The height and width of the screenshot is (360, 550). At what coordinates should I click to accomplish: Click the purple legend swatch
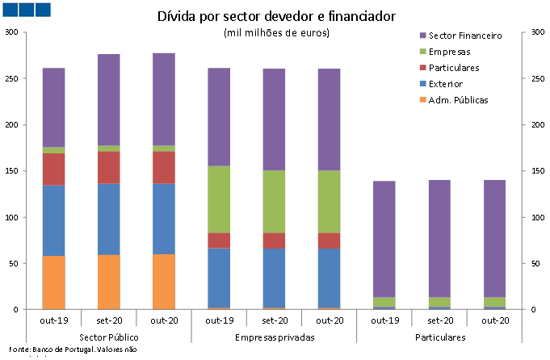[422, 36]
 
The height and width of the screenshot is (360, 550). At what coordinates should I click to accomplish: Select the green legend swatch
[422, 52]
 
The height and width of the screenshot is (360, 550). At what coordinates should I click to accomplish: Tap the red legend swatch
[422, 68]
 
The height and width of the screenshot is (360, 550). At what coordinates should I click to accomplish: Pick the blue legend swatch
[422, 84]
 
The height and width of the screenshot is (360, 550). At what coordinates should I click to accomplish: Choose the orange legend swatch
[422, 100]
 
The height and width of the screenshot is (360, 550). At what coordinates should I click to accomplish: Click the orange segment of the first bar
[53, 283]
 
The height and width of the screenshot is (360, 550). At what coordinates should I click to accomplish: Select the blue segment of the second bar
[109, 219]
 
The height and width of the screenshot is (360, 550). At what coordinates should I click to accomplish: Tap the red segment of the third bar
[164, 167]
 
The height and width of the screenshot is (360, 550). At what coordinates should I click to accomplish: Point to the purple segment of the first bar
[53, 107]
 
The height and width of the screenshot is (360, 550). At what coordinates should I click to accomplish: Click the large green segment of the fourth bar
[219, 199]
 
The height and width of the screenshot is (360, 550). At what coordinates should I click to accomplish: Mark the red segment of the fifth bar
[274, 241]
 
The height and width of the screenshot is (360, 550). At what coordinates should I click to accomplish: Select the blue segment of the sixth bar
[329, 278]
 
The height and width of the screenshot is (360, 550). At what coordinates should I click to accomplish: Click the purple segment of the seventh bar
[384, 239]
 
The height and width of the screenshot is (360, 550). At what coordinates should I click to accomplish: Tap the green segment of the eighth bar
[439, 302]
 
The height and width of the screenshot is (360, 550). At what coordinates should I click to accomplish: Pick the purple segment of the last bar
[494, 239]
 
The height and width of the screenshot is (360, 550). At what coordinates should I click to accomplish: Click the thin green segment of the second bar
[109, 149]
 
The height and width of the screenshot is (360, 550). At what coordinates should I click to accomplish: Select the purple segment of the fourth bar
[219, 117]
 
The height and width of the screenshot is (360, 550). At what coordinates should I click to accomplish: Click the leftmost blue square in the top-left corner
[10, 10]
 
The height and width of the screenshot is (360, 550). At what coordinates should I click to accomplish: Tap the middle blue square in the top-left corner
[27, 10]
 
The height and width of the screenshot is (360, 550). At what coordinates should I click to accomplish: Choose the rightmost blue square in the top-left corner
[43, 10]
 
